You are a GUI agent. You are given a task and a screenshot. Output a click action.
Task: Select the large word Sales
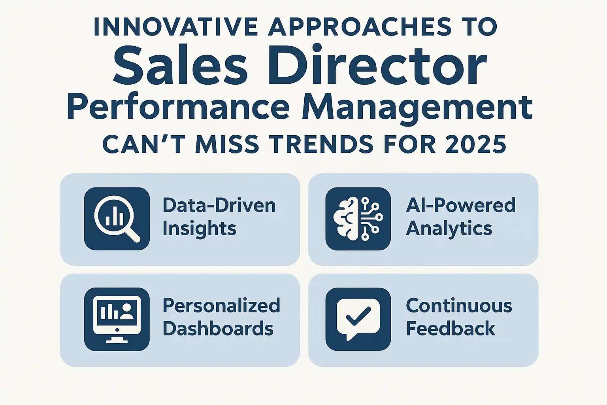[x=181, y=65]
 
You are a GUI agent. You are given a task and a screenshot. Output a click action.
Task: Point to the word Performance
[x=178, y=107]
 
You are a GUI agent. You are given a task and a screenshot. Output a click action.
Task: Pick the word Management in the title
[x=417, y=108]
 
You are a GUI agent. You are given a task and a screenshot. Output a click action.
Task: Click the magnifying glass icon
[x=117, y=219]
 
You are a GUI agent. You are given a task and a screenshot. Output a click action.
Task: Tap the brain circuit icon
[x=358, y=219]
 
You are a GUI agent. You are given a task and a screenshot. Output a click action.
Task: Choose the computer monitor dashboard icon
[x=117, y=319]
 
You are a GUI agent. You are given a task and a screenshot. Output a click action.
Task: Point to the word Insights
[x=200, y=229]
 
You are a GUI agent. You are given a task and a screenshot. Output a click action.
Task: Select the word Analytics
[x=449, y=229]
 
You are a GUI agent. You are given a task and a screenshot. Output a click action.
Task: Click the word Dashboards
[x=218, y=329]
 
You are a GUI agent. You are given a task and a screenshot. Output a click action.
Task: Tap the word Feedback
[x=451, y=329]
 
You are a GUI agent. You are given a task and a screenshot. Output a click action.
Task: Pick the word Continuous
[x=459, y=306]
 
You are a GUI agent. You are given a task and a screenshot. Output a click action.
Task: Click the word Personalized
[x=221, y=306]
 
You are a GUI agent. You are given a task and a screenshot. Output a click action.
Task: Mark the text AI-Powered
[x=461, y=205]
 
